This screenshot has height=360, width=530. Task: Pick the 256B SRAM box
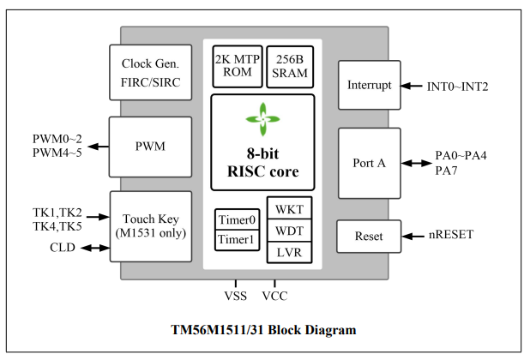[289, 66]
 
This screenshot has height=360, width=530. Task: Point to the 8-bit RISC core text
[262, 163]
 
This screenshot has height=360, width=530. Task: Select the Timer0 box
[235, 219]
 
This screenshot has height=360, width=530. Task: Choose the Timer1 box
[235, 240]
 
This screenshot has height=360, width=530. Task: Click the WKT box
[290, 210]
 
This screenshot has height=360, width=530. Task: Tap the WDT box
[290, 231]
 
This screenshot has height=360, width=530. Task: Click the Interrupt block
[370, 86]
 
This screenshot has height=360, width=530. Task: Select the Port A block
[370, 163]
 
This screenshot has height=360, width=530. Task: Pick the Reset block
[370, 236]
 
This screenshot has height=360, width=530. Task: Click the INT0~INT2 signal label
[458, 87]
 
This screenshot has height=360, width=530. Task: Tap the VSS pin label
[236, 297]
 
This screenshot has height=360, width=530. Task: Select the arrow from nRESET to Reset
[414, 236]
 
